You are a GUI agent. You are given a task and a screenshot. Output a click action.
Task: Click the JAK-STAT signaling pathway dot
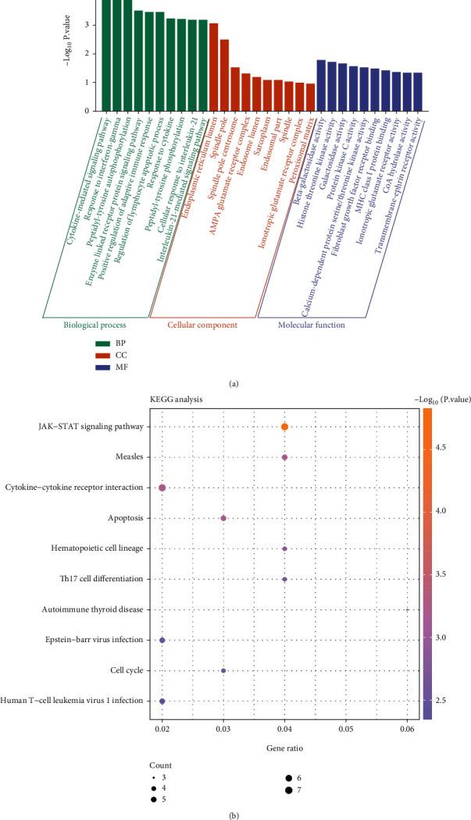(x=285, y=427)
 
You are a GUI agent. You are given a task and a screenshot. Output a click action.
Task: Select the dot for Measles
(x=285, y=457)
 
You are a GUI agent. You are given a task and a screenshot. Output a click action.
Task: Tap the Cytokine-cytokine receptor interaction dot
(x=162, y=488)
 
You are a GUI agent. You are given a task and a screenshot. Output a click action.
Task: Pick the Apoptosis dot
(x=223, y=518)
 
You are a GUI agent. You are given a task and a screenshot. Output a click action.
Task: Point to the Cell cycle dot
(x=223, y=670)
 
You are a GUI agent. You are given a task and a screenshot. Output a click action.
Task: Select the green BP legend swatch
(x=102, y=343)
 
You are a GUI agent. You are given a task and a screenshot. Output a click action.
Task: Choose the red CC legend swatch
(x=102, y=355)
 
